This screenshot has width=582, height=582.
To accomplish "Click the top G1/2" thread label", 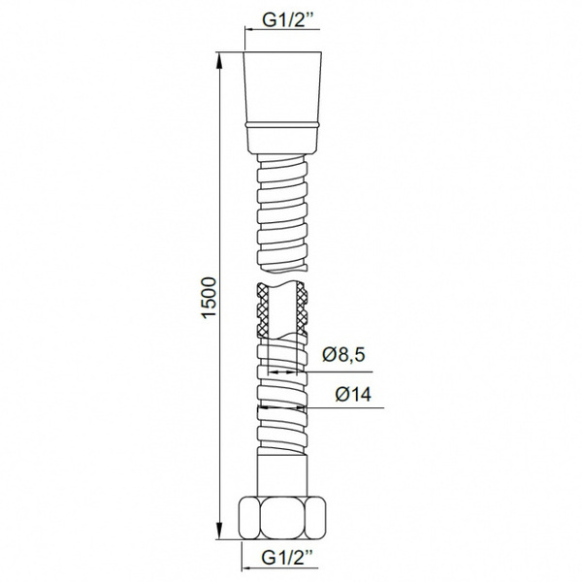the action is [286, 20].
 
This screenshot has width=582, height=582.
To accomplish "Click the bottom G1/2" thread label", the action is [286, 558].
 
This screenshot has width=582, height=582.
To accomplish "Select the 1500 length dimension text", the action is [209, 297].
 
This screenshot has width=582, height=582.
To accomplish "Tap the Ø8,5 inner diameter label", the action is [343, 354].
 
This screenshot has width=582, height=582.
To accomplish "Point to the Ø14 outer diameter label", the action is [353, 394].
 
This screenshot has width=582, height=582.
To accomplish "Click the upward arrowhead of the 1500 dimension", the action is [219, 62].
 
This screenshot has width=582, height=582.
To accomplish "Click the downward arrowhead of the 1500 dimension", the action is [220, 529].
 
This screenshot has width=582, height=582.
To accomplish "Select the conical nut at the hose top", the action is [282, 103].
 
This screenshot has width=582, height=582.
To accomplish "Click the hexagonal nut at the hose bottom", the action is [282, 519].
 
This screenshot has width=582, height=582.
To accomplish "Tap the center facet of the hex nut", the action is [282, 519].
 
